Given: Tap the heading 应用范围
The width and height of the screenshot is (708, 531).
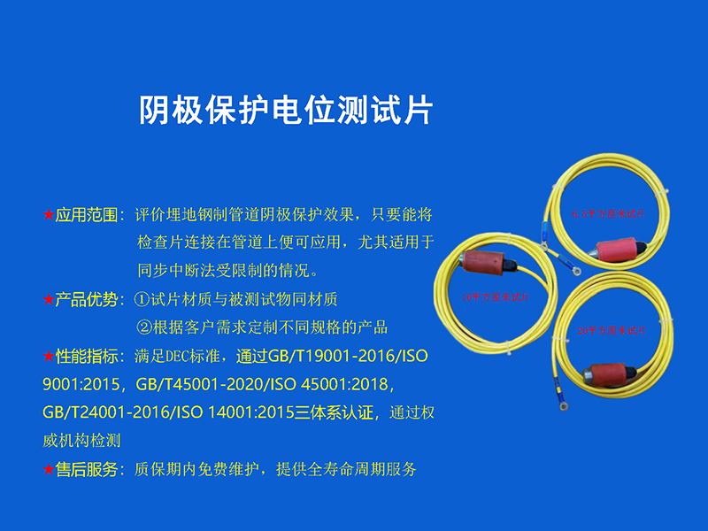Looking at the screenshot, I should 86,214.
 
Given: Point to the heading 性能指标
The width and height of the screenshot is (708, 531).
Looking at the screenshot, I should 86,358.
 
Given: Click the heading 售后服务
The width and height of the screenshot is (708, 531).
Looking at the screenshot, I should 86,469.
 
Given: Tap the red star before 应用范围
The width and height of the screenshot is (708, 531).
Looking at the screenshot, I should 48,214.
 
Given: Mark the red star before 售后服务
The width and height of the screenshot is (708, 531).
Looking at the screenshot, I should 48,469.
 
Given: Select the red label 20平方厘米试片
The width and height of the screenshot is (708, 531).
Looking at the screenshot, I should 611,330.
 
